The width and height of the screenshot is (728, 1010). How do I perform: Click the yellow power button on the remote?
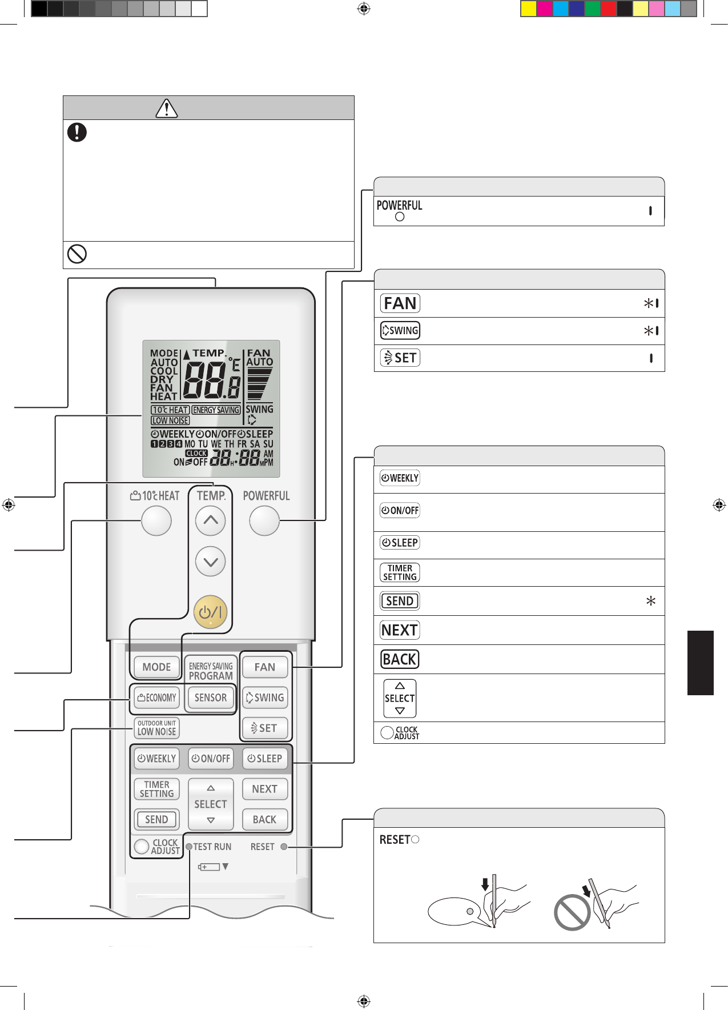211,612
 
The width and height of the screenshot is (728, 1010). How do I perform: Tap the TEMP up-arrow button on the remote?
211,520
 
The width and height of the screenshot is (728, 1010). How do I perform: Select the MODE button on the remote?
156,667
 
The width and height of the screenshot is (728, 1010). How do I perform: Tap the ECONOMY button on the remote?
156,698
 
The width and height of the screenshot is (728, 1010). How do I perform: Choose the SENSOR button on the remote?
211,698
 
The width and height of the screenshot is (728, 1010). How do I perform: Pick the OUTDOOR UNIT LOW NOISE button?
156,728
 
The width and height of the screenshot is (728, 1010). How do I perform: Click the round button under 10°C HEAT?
156,520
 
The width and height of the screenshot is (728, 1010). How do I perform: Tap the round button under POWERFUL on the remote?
264,520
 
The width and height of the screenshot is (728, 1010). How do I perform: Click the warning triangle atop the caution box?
166,108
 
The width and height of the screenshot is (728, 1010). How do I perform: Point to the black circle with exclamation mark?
77,132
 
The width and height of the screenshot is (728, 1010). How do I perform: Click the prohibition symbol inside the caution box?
77,254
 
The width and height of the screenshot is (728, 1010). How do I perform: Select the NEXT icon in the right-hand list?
400,630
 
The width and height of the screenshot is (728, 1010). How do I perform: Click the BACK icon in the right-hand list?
400,659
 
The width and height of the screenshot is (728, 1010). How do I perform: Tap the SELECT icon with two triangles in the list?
400,698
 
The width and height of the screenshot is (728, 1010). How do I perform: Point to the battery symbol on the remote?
210,867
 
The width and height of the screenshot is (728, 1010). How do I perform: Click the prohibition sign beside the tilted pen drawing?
572,912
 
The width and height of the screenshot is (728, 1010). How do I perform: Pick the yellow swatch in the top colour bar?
529,9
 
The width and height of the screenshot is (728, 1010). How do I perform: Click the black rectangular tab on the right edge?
701,663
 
